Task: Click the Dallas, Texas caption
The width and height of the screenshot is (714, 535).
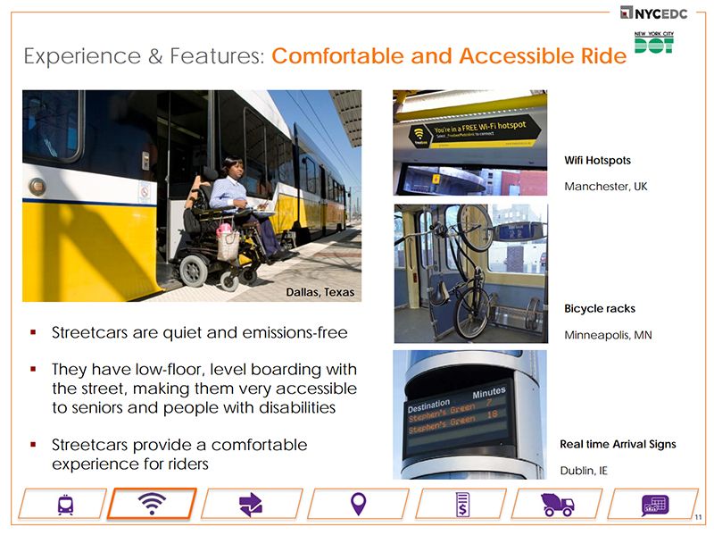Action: coord(320,292)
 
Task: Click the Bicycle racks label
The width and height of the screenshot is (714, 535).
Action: coord(600,309)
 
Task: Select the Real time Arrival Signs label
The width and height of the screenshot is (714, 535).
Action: coord(618,444)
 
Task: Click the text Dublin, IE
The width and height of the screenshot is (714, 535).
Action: coord(584,470)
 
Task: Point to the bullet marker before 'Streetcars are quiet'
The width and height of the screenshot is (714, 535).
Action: coord(33,334)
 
